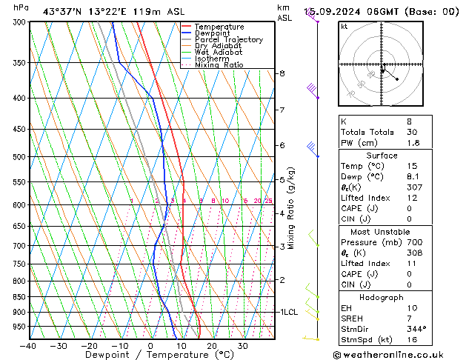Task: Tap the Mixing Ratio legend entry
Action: point(219,65)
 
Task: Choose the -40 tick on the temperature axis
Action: point(29,346)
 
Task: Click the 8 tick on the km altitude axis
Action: point(282,73)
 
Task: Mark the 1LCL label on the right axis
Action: point(288,313)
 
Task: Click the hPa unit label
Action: point(21,7)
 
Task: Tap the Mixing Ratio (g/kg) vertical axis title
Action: point(292,208)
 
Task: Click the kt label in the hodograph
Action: point(344,27)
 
